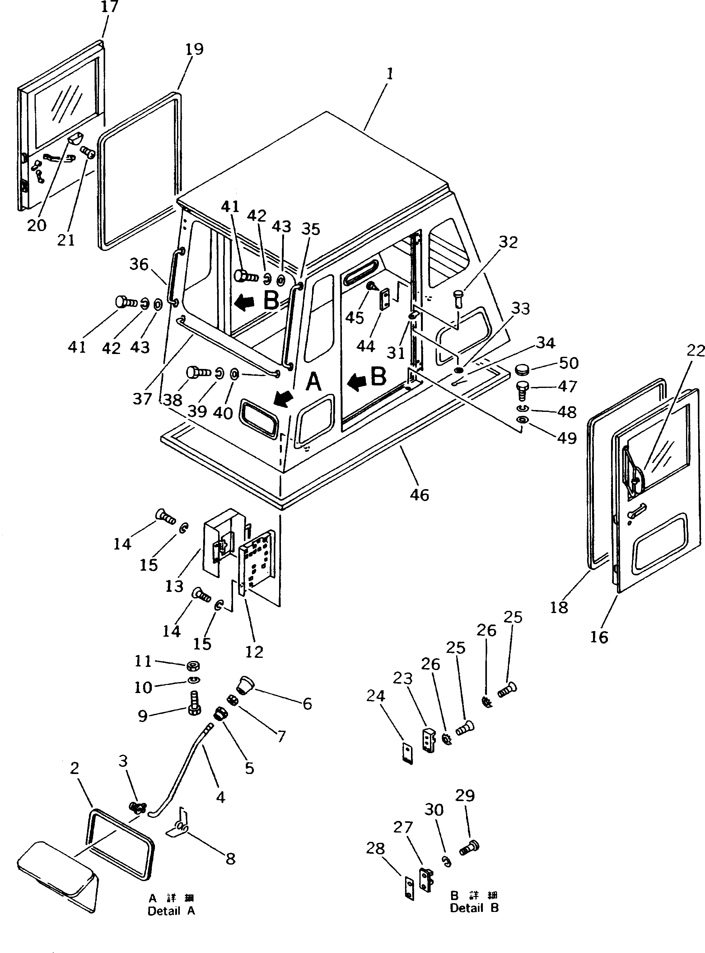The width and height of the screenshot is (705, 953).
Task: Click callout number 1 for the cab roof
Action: (389, 74)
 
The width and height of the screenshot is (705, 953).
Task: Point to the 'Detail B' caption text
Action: (474, 908)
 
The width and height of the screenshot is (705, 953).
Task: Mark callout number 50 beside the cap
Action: (568, 363)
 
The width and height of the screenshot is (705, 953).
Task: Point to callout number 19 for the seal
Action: (194, 49)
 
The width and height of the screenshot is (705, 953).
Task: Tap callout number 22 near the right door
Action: (696, 351)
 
